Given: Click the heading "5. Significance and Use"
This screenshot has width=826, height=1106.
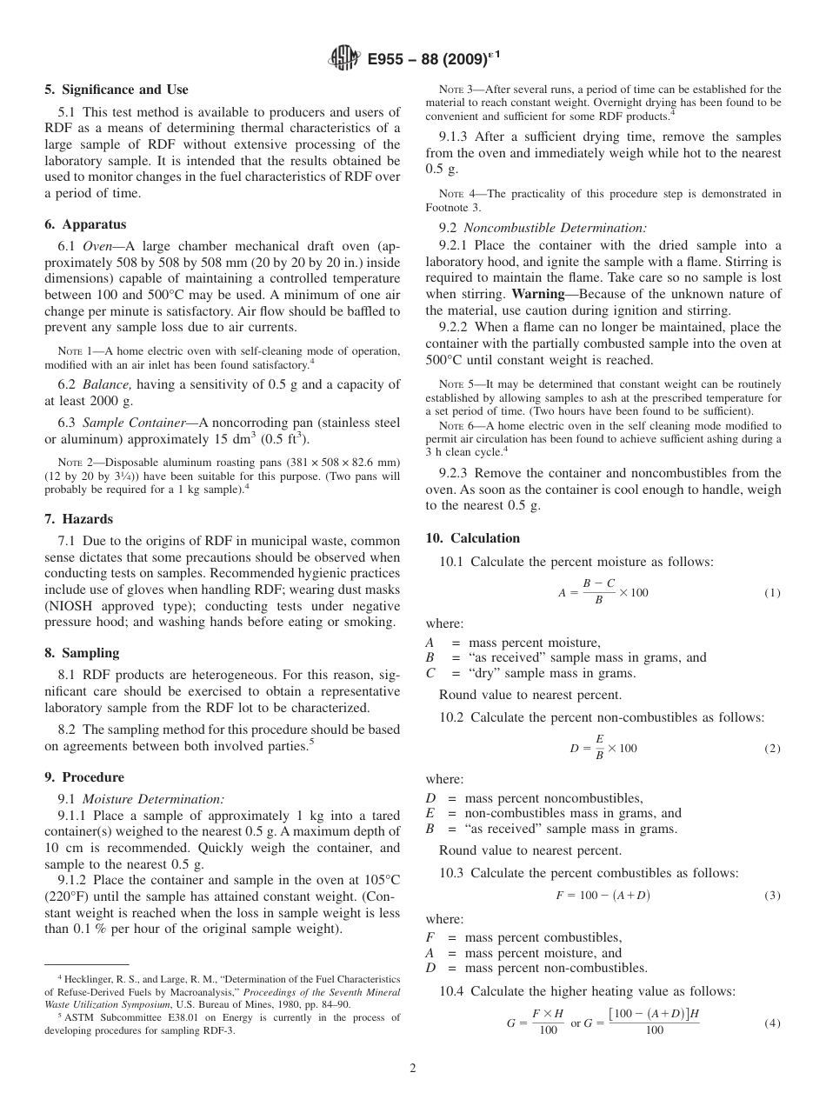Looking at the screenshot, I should click(x=117, y=90).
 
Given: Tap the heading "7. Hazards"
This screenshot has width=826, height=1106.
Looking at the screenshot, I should click(x=79, y=519).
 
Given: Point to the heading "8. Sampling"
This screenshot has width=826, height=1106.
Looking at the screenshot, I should click(x=83, y=653).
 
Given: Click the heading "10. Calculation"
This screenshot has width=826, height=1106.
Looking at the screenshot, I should click(x=473, y=538).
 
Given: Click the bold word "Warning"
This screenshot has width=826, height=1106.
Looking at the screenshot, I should click(x=538, y=294).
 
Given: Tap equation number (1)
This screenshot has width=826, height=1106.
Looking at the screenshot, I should click(x=772, y=593).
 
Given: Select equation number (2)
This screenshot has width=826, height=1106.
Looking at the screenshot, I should click(x=772, y=749).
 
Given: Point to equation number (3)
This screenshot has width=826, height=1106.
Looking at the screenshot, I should click(x=772, y=896).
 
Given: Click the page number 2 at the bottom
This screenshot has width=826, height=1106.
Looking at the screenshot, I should click(x=413, y=1069).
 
